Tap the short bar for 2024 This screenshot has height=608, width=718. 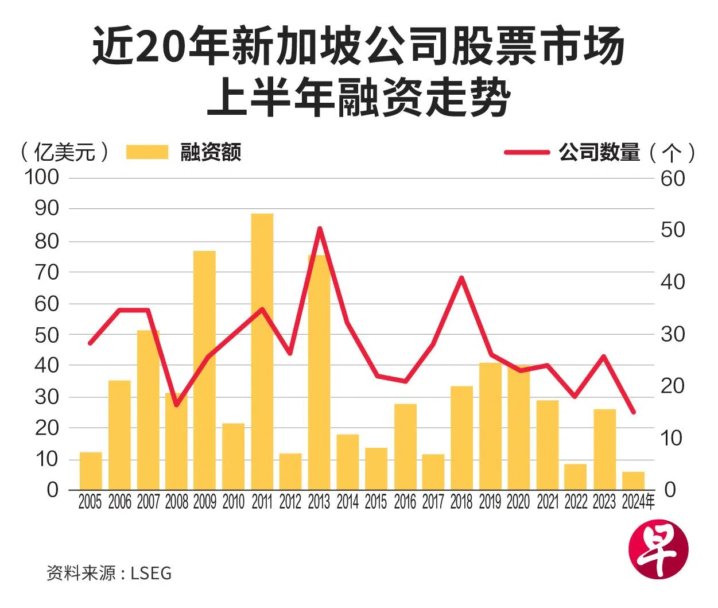tap(634, 481)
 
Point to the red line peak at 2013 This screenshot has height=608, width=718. tap(320, 229)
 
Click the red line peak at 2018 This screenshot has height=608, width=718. tap(461, 278)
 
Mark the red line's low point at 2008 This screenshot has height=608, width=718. tap(176, 405)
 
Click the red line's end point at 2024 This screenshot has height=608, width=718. tap(634, 412)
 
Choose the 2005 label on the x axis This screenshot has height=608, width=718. tap(90, 502)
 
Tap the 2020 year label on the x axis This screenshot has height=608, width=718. tap(518, 502)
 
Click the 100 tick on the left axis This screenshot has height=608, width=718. tap(42, 177)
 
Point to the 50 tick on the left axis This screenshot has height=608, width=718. tap(46, 335)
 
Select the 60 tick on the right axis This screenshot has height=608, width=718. tap(673, 179)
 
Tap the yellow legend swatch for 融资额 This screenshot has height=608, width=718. tap(147, 152)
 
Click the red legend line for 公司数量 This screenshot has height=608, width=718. tap(526, 152)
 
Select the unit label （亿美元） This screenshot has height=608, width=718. tap(64, 152)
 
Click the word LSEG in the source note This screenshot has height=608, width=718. tap(151, 572)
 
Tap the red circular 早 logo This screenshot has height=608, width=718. tap(658, 552)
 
